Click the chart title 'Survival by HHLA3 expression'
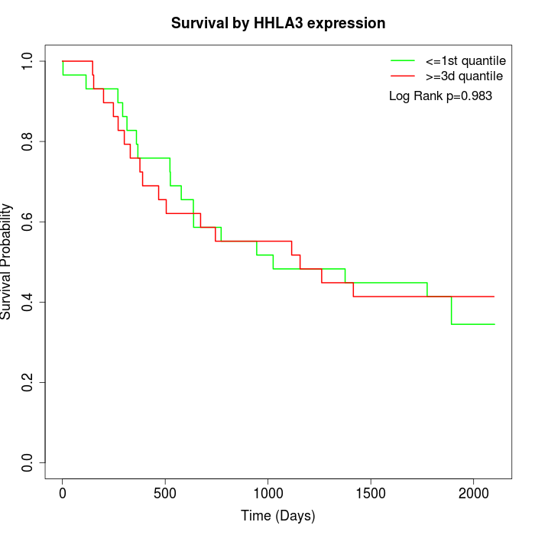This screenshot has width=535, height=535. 277,23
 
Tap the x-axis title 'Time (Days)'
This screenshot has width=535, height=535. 277,516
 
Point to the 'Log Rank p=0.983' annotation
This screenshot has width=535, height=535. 440,96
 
